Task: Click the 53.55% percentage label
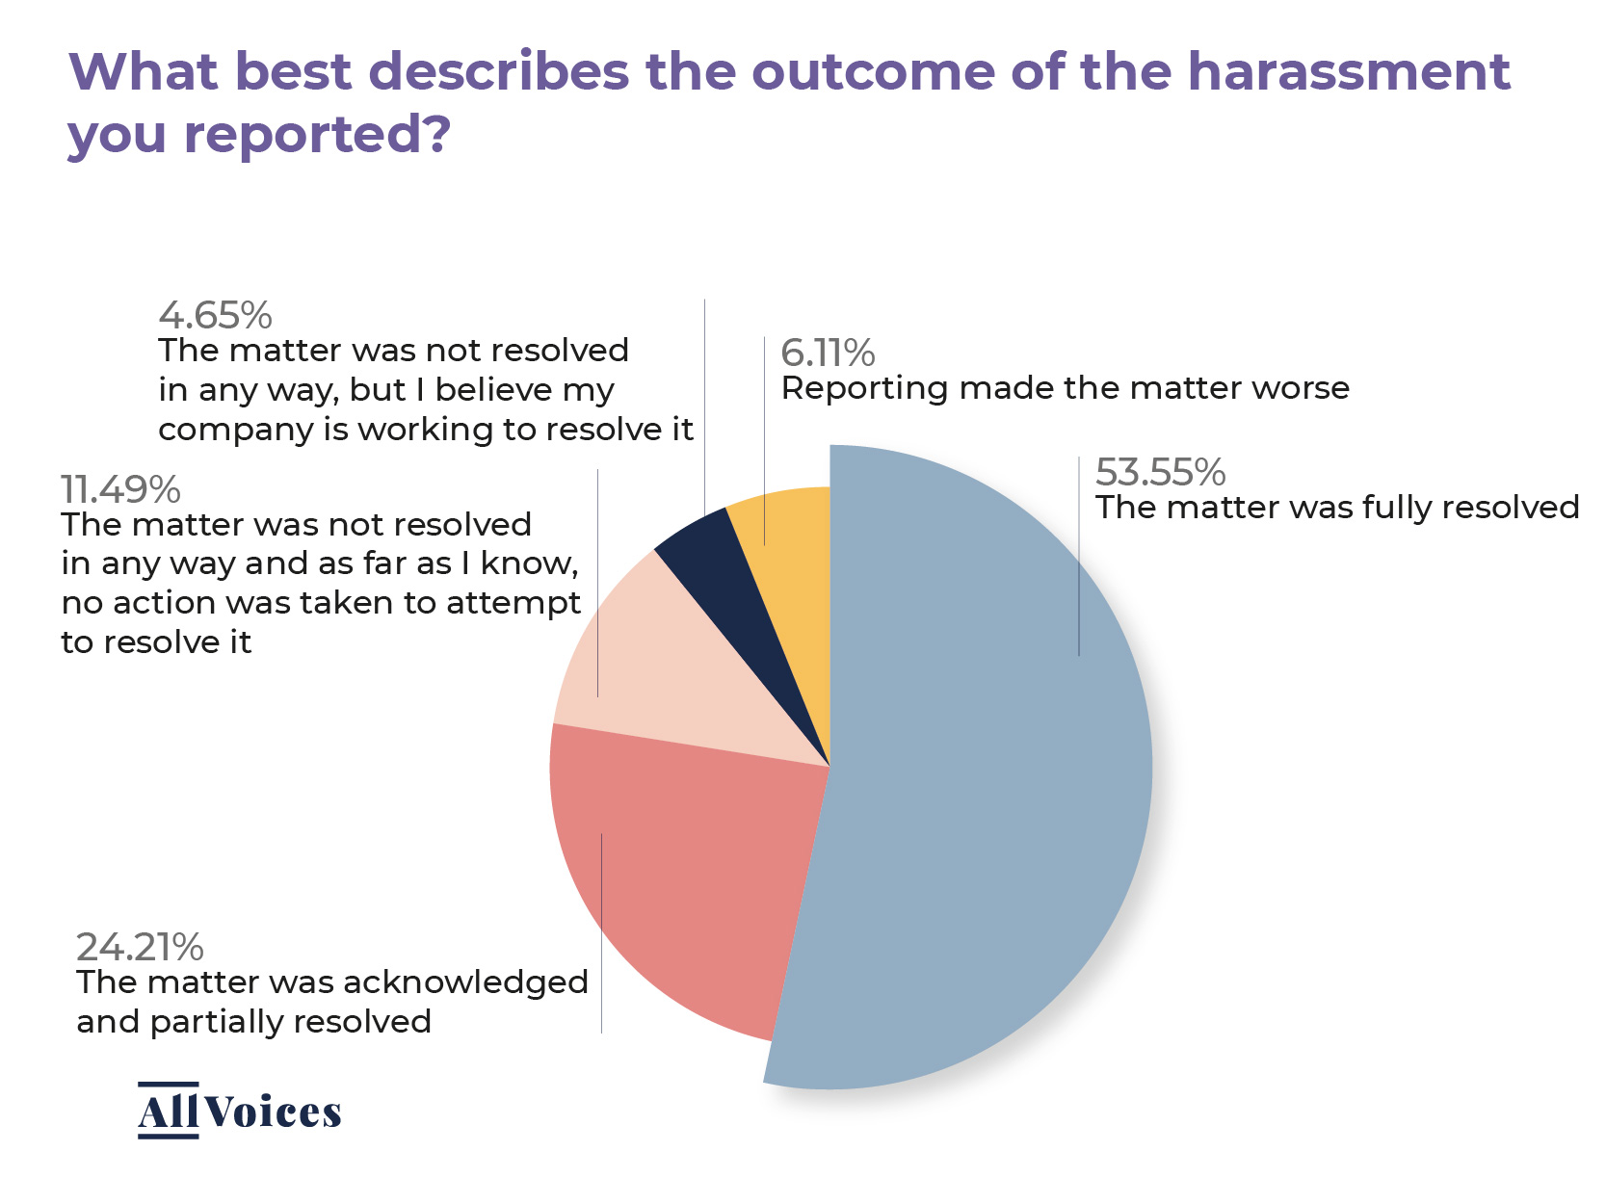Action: coord(1160,473)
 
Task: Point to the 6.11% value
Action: coord(828,353)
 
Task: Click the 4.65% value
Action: coord(215,316)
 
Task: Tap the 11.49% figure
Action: coord(120,490)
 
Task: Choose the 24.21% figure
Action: coord(140,948)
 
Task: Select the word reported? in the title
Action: coord(318,135)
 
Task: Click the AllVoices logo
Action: coord(240,1112)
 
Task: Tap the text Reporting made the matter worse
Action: coord(1065,388)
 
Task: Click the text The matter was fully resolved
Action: coord(1337,508)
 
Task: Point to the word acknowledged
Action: coord(464,982)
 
